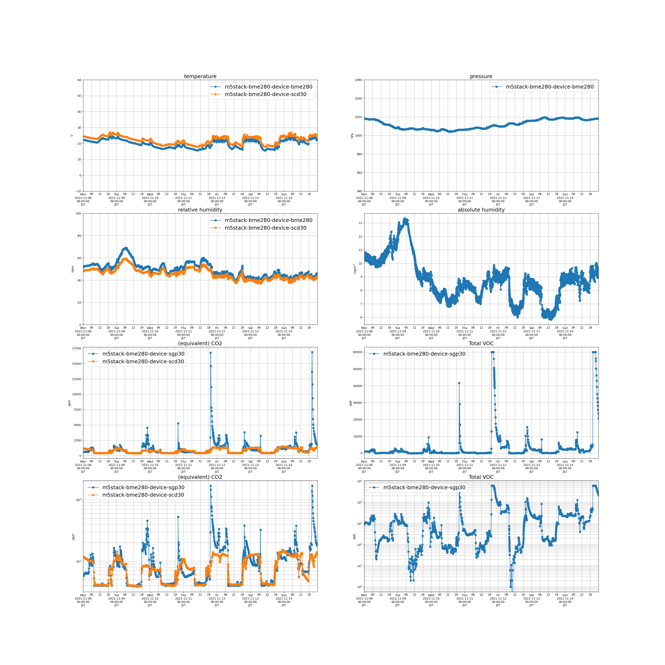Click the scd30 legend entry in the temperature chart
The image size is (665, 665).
pos(265,94)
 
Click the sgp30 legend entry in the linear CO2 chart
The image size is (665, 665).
pos(143,354)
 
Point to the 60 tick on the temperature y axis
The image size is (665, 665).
pos(79,80)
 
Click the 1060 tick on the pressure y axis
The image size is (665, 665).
pos(358,80)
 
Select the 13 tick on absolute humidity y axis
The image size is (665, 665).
pos(360,223)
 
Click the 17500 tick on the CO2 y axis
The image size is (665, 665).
pos(76,348)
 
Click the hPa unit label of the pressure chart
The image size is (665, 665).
pos(352,136)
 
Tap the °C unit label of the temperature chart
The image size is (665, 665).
pos(72,136)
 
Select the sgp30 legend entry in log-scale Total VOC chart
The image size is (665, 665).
pos(424,487)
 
